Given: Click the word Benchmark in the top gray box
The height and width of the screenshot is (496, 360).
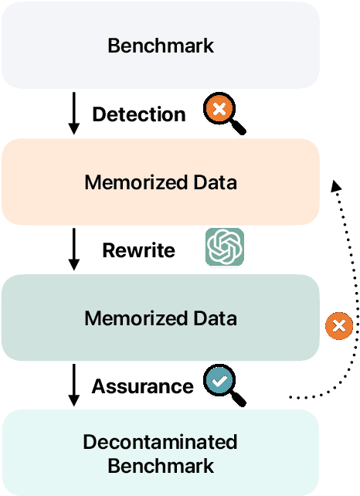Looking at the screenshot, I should tap(161, 46).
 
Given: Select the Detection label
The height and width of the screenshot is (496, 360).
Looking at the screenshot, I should tap(139, 115).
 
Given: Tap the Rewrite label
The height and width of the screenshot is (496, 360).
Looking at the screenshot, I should tap(139, 250).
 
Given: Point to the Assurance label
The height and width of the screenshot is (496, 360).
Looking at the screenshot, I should tap(143, 386).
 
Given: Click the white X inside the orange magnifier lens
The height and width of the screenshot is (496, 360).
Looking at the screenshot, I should tap(219, 110).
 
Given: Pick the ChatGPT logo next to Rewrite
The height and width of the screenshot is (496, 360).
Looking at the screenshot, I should tap(225, 247).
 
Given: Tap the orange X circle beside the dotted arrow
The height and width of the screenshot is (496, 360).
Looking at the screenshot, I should tap(338, 325).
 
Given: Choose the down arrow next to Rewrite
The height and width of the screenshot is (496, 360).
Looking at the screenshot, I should tap(74, 250).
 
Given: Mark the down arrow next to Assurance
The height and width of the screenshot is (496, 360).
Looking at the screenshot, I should tap(74, 385).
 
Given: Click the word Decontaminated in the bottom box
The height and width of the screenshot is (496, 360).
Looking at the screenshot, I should tap(160, 442).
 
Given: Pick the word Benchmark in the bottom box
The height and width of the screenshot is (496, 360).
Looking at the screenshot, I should tap(160, 466).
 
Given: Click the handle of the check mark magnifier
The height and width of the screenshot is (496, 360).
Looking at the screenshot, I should tap(239, 399).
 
